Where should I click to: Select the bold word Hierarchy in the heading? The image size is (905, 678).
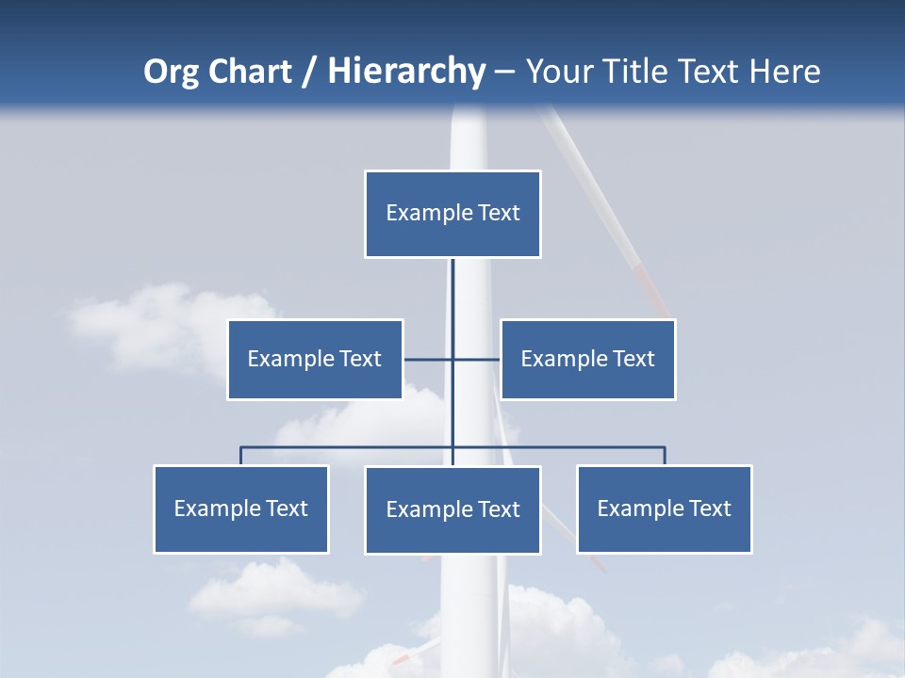point(406,72)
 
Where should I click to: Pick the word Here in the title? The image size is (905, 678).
point(784,72)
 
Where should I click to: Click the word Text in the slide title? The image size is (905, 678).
point(709,72)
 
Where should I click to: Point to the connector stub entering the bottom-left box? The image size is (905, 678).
point(240,456)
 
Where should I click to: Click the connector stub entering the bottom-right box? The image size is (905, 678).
point(665,456)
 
